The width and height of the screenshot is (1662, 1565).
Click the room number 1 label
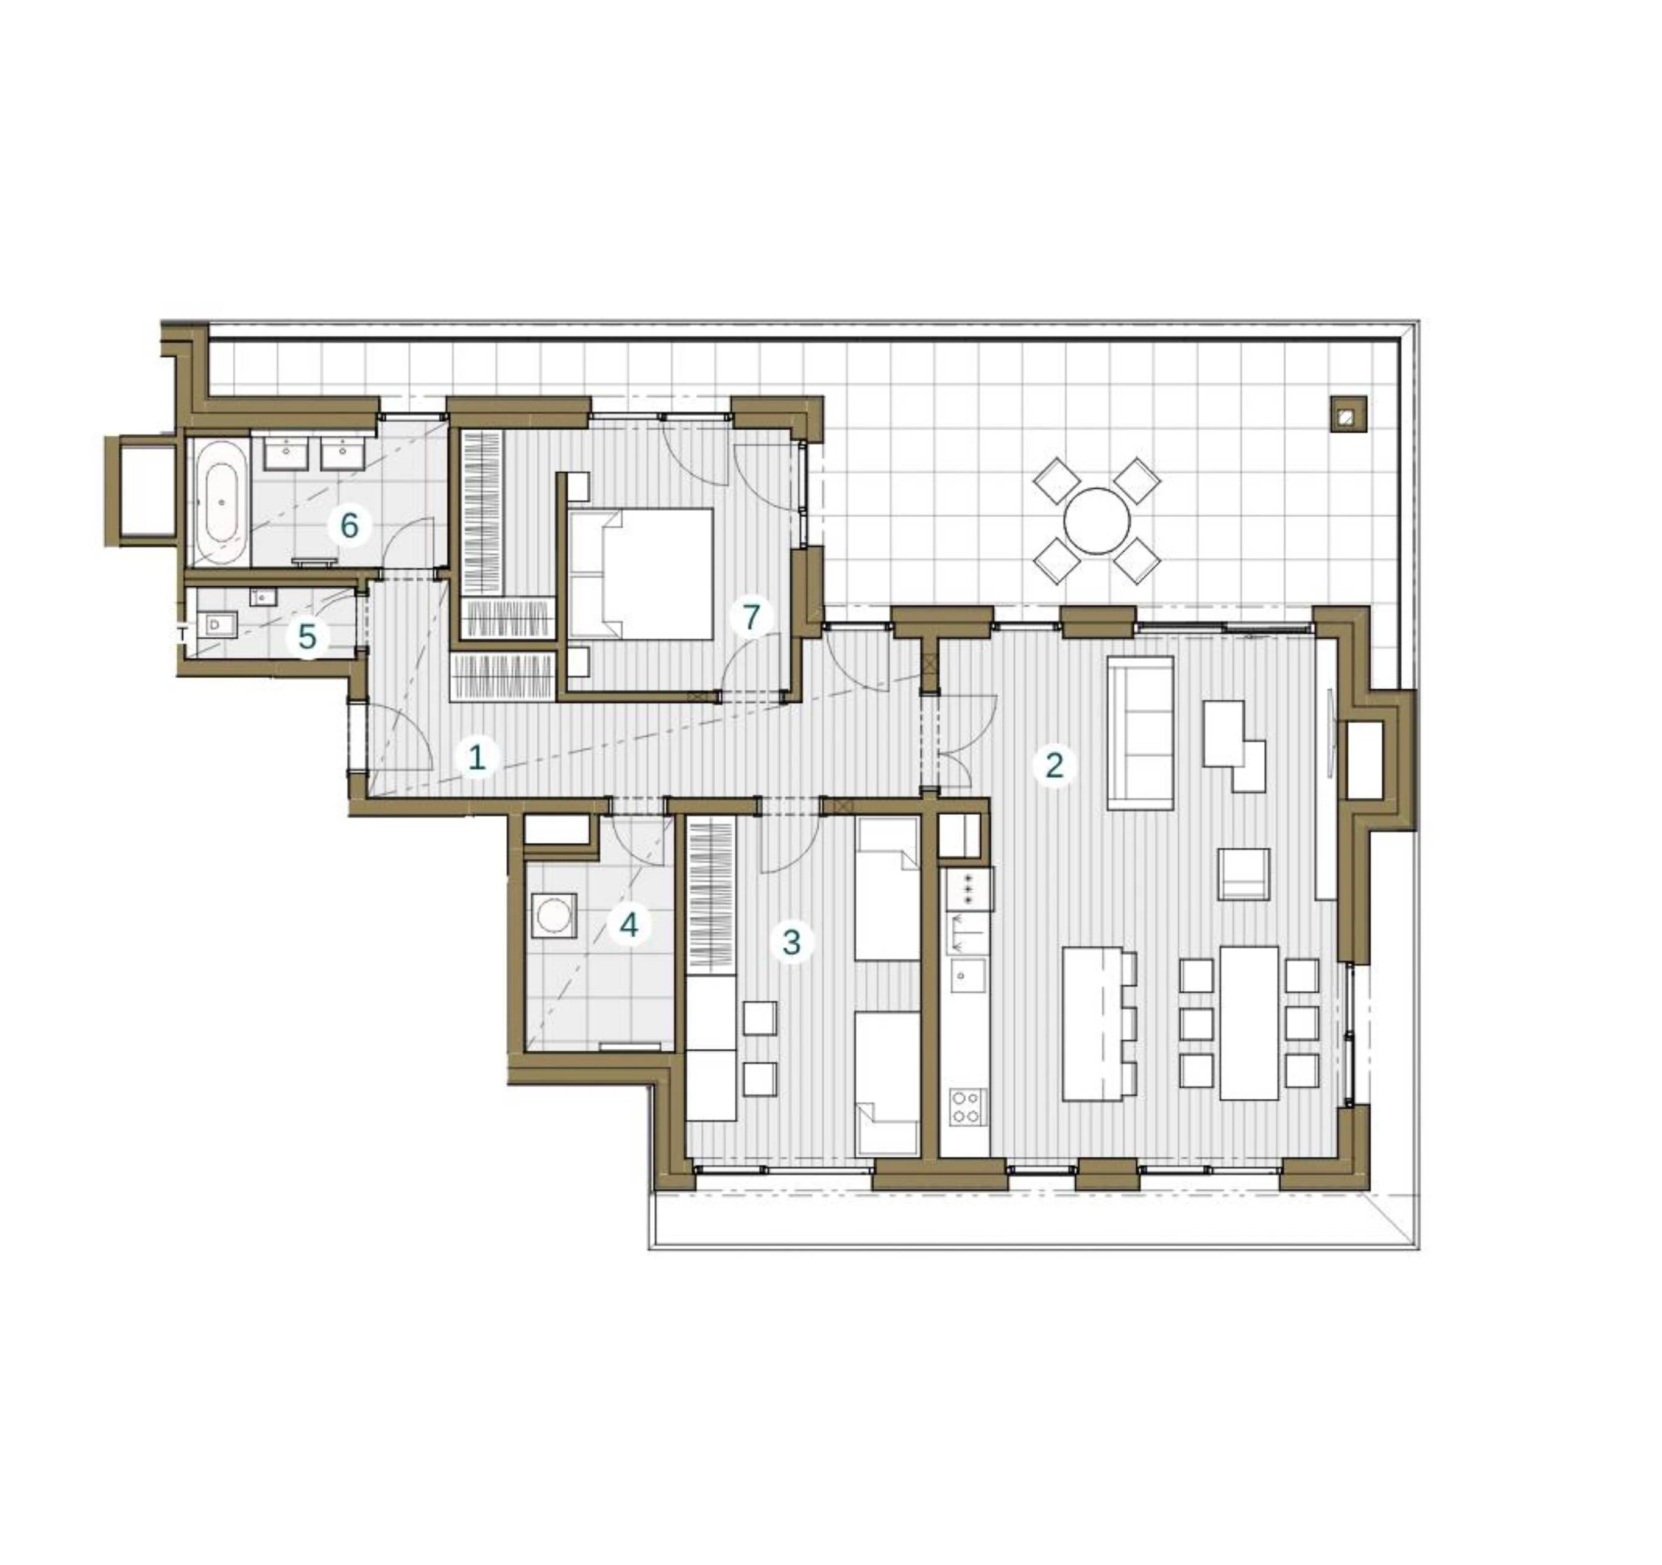(x=476, y=758)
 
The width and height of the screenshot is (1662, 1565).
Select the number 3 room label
(x=791, y=942)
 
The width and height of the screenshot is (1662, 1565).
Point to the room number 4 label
(x=629, y=924)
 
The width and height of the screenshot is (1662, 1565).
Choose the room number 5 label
(x=308, y=636)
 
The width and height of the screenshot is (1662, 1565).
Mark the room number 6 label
(x=348, y=525)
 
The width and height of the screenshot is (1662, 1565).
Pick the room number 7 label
(x=751, y=617)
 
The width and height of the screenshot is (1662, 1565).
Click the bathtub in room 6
(x=221, y=503)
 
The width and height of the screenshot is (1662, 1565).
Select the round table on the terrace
(x=1097, y=521)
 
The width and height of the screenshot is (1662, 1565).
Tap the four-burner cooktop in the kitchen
(x=967, y=1107)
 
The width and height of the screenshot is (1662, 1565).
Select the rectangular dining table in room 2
(x=1249, y=1022)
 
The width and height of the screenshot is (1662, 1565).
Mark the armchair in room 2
(x=1243, y=874)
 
